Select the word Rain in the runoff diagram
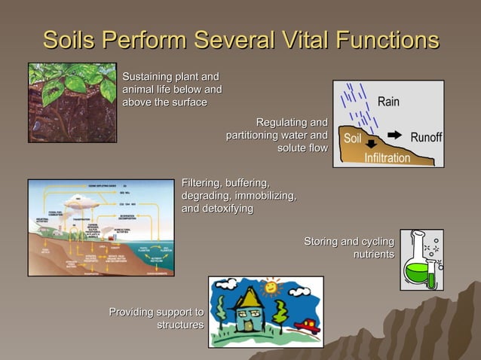[388, 101]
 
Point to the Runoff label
[426, 138]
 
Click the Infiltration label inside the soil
[388, 158]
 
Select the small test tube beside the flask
[431, 271]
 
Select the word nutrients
[373, 255]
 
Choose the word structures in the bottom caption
[180, 325]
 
